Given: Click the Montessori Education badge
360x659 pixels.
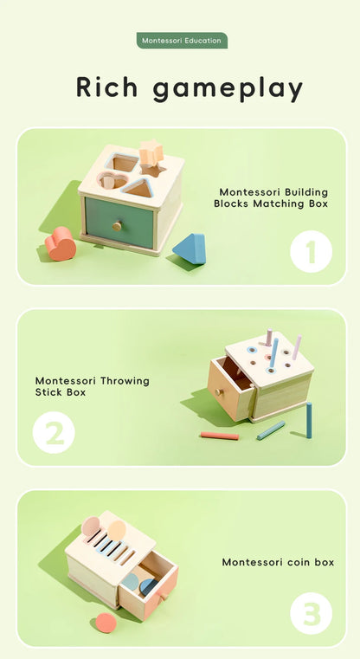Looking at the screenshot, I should (182, 41).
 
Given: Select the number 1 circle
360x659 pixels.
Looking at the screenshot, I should (311, 252).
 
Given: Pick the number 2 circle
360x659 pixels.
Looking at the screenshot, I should (54, 432).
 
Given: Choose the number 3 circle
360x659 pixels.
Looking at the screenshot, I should (311, 614).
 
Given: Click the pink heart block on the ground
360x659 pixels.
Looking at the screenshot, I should (61, 244).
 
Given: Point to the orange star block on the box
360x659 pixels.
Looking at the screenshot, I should (151, 152).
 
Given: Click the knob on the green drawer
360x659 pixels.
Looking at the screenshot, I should (116, 226).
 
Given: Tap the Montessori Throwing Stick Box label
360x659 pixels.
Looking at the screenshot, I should (92, 386).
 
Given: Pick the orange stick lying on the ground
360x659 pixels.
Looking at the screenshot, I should (220, 436).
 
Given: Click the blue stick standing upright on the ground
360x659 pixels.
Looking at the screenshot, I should (308, 419).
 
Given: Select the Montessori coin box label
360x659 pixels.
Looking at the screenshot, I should (278, 562).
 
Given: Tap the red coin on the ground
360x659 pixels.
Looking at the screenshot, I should (106, 622).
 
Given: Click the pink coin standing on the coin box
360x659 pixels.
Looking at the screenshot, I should (91, 526).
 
